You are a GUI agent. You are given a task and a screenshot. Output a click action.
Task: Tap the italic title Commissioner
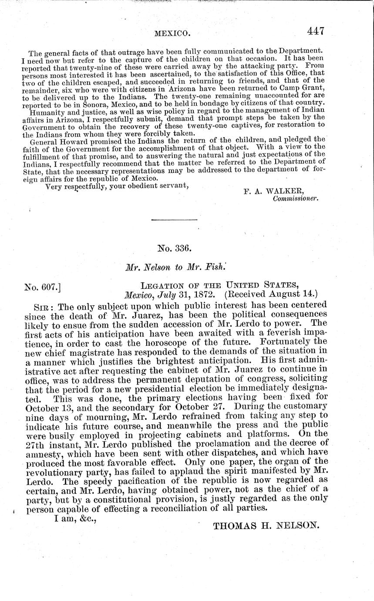pos(296,199)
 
